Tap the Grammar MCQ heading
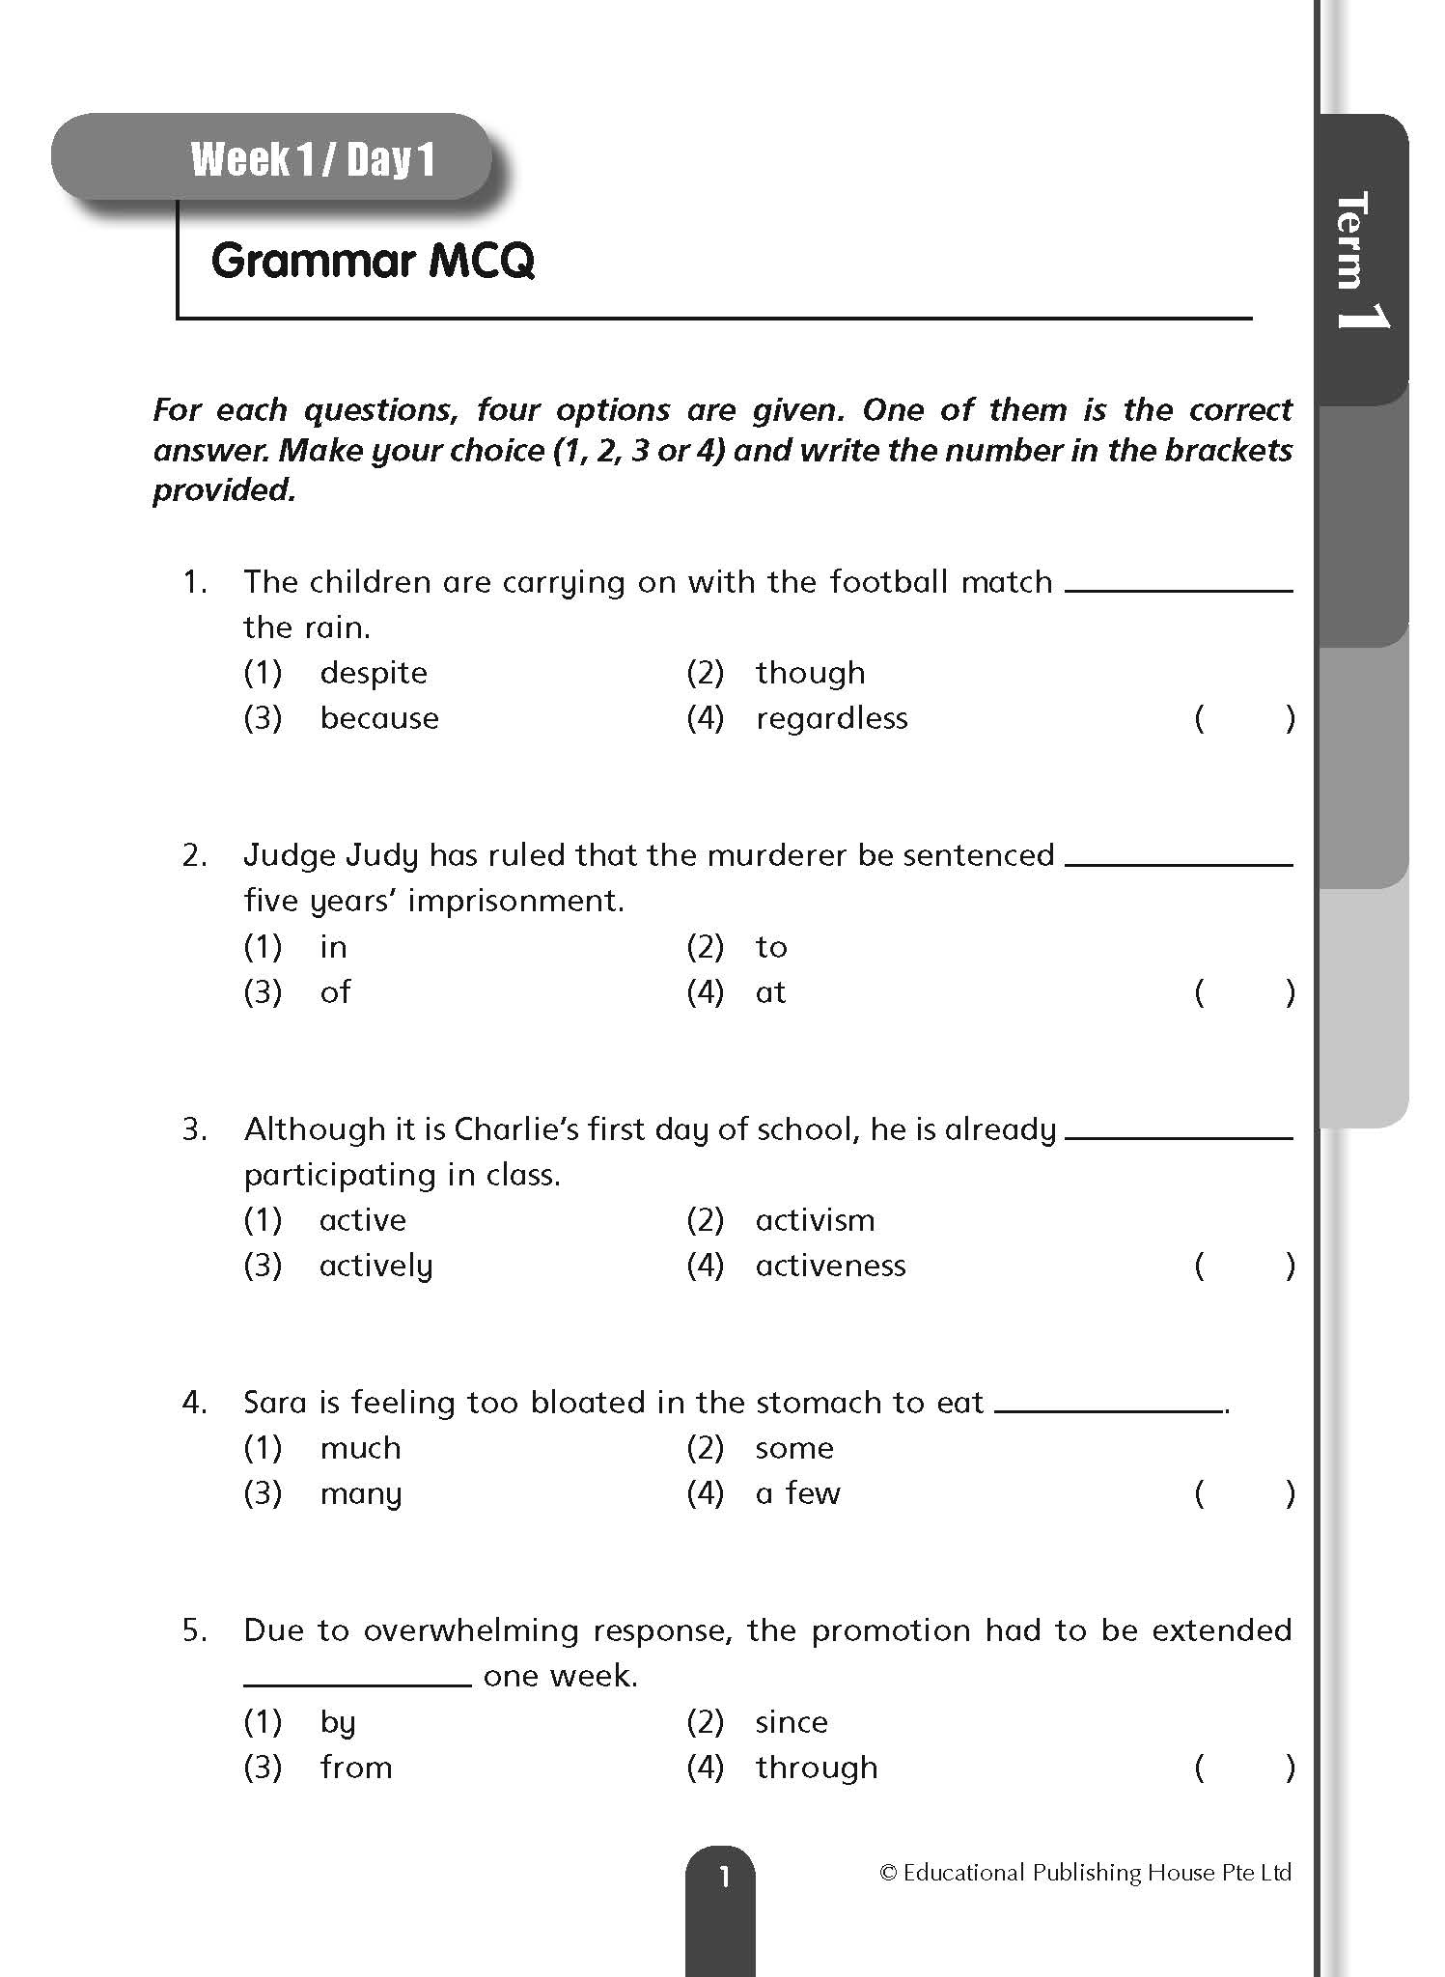coord(373,261)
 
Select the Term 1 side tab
coord(1362,259)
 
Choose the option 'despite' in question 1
coord(374,673)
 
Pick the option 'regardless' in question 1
coord(831,718)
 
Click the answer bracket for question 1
coord(1244,719)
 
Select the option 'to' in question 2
coord(771,947)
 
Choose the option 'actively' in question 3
coord(376,1266)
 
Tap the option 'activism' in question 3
coord(815,1220)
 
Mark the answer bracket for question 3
coord(1244,1266)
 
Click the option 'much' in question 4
coord(360,1448)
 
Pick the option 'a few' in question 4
coord(797,1493)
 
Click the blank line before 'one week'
coord(357,1684)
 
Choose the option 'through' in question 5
coord(817,1768)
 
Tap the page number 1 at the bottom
coord(722,1877)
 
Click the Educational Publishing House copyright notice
coord(1085,1873)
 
